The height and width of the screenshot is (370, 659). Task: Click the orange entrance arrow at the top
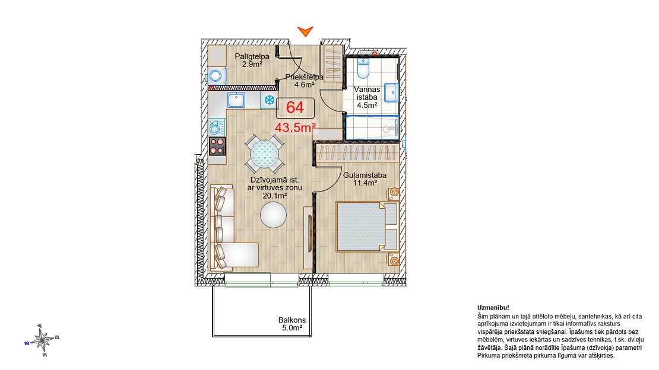pos(306,31)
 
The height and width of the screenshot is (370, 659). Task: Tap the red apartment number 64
pos(295,107)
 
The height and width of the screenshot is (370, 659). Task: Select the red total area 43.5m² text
pos(295,127)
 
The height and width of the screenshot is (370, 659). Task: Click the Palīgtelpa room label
pos(252,56)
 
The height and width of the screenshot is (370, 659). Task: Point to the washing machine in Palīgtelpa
pos(217,76)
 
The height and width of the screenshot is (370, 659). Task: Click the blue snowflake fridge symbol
pos(269,100)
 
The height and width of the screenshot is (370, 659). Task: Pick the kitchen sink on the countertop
pos(236,100)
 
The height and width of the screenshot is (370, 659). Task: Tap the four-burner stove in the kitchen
pos(217,146)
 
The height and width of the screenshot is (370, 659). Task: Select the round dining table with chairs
pos(265,154)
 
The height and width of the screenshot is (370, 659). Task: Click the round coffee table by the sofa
pos(273,215)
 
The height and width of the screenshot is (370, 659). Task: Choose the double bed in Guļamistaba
pos(367,227)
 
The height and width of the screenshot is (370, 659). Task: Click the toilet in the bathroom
pos(363,68)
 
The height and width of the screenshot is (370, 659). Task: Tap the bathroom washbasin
pos(391,93)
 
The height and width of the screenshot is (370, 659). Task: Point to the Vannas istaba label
pos(367,93)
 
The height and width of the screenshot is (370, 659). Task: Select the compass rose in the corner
pos(42,340)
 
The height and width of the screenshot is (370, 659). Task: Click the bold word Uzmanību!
pos(493,308)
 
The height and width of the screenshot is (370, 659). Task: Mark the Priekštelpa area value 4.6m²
pos(305,84)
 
